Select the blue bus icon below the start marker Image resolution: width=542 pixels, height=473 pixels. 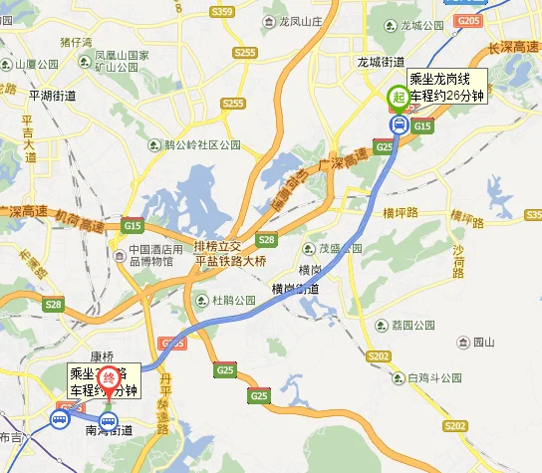pyautogui.click(x=399, y=125)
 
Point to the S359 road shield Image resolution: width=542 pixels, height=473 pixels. pyautogui.click(x=222, y=12)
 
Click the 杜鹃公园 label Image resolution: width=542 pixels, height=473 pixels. pyautogui.click(x=229, y=299)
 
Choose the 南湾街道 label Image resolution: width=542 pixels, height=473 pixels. pyautogui.click(x=109, y=430)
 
